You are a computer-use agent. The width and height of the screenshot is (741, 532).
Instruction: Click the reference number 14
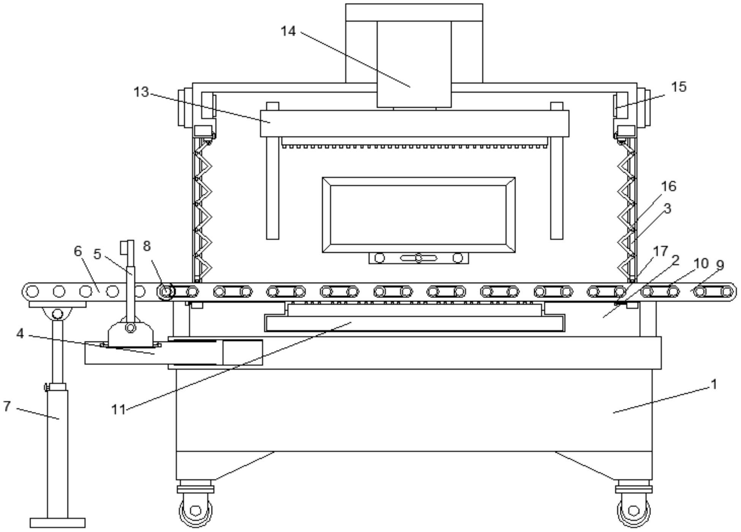pos(288,31)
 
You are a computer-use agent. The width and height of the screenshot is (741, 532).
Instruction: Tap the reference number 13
pos(141,92)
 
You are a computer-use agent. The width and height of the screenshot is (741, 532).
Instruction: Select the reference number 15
pos(679,87)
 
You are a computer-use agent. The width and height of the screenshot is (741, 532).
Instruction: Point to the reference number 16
pos(669,186)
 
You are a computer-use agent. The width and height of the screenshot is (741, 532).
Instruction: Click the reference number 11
pos(119,409)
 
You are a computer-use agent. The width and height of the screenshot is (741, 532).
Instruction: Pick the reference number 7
pos(6,406)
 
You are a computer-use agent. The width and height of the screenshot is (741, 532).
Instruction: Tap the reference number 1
pos(714,384)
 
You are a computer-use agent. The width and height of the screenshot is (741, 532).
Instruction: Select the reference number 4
pos(20,334)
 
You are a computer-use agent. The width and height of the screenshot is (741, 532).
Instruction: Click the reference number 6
pos(78,251)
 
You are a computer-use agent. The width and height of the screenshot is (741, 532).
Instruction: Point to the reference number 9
pos(719,265)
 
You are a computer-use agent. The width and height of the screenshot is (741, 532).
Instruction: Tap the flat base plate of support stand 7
pos(57,523)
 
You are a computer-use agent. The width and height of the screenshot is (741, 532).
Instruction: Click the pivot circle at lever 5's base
pos(130,328)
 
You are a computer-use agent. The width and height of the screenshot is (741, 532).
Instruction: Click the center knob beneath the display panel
pos(418,258)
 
